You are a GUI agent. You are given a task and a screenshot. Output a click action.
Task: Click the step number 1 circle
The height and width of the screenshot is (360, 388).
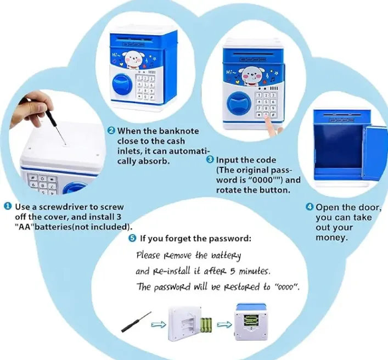click(8, 206)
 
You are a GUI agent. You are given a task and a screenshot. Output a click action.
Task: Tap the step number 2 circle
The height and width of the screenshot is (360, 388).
click(111, 131)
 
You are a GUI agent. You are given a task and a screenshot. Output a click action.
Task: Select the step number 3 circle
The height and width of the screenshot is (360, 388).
click(210, 159)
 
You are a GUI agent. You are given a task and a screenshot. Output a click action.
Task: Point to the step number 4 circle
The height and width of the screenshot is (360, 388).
click(310, 207)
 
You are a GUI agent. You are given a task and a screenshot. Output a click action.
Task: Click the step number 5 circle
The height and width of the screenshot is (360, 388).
click(132, 239)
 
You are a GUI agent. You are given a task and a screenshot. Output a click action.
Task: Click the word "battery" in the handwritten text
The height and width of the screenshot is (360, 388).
click(226, 256)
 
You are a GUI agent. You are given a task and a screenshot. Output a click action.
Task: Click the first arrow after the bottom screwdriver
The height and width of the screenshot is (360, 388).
click(159, 324)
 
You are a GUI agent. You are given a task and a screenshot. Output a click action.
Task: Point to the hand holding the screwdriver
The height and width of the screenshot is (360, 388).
click(31, 108)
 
